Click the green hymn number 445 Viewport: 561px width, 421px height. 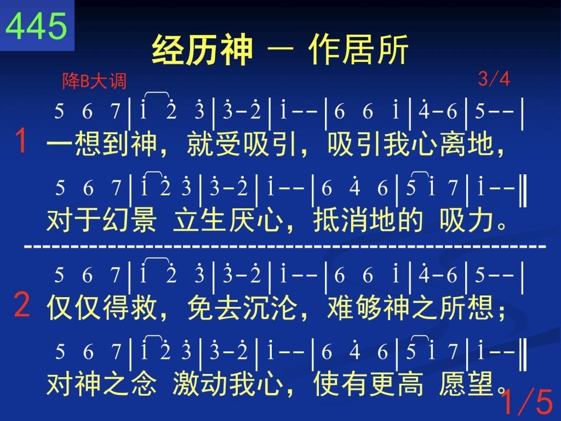(37, 25)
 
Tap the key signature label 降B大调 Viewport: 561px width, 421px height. (94, 81)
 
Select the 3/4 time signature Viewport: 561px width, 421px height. (494, 79)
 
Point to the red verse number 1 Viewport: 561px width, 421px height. (21, 141)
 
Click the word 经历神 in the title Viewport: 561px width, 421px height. (202, 50)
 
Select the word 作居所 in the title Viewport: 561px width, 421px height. (358, 50)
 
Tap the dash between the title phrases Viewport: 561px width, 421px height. (280, 50)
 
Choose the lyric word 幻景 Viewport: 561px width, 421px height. (129, 220)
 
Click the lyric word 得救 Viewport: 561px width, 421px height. (129, 308)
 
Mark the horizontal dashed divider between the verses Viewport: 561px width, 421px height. (285, 247)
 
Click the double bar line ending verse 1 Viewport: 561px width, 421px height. (523, 192)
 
